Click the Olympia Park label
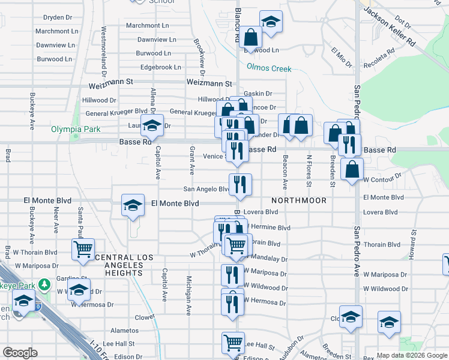click(76, 129)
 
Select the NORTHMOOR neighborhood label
click(298, 200)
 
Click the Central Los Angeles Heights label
click(119, 265)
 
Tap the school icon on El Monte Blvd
click(132, 206)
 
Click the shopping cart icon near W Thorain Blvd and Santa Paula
click(83, 249)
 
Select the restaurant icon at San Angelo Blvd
click(240, 185)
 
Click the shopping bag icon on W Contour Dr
click(352, 169)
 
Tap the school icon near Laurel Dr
click(152, 125)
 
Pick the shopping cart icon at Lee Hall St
click(233, 343)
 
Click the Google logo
click(20, 353)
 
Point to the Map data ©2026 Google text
click(412, 355)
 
